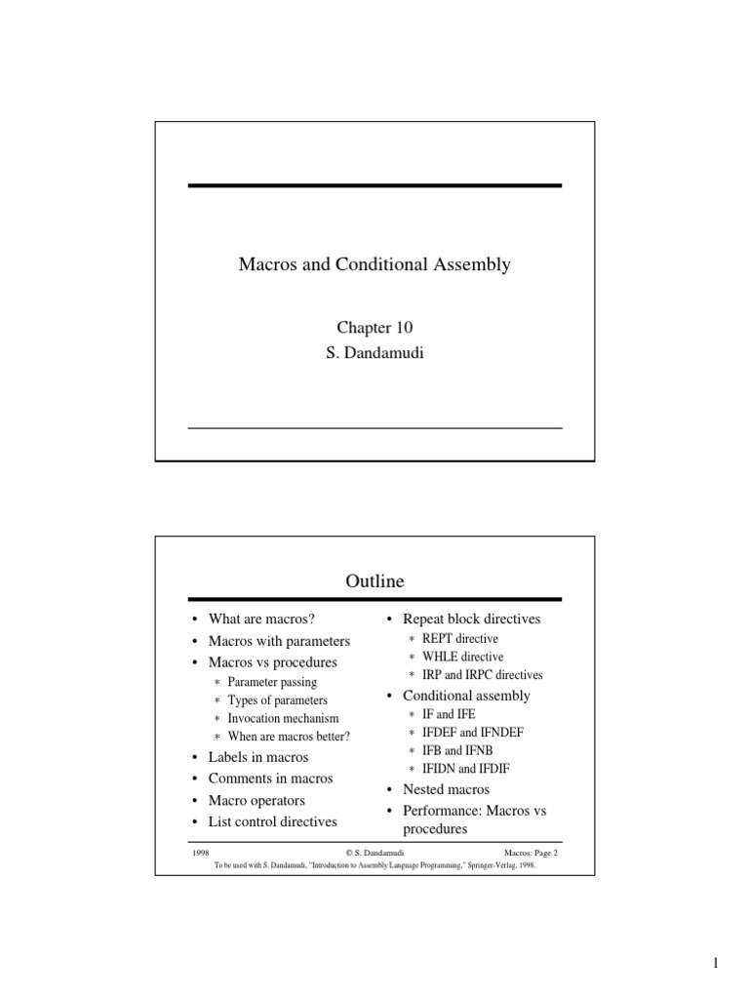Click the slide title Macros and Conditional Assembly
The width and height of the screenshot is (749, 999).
[x=374, y=264]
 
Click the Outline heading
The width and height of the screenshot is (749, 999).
[x=374, y=582]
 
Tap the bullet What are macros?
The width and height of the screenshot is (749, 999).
[x=261, y=619]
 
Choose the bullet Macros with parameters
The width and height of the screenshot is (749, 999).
[x=279, y=641]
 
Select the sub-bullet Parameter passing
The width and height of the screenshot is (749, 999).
[x=272, y=682]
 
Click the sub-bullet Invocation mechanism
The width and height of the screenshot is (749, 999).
[x=284, y=718]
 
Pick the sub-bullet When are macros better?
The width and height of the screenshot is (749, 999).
[x=289, y=736]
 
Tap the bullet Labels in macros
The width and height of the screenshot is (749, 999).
[x=258, y=757]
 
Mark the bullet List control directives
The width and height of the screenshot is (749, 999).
[x=273, y=821]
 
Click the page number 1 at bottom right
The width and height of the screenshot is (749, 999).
[x=715, y=965]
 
